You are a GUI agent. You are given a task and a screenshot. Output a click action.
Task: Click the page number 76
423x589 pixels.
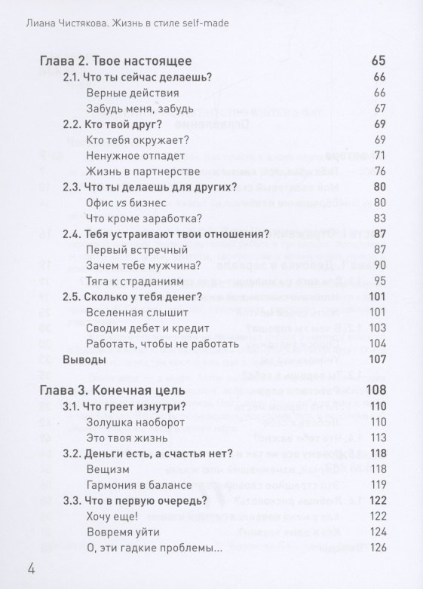click(379, 171)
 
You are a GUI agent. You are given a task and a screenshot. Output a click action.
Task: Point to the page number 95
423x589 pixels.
click(379, 281)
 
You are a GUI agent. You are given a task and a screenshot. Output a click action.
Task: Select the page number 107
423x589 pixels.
click(378, 360)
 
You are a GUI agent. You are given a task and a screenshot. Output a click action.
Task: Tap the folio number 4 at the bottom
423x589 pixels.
click(31, 566)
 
